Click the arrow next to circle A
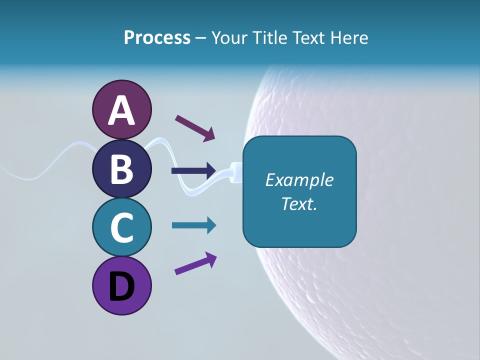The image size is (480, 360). pos(194,127)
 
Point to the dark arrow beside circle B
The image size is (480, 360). pos(193,170)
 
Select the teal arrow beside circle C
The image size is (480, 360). pos(193,225)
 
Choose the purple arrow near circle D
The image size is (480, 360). pos(195,263)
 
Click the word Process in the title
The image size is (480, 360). pos(157,37)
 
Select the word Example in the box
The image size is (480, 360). pos(299,180)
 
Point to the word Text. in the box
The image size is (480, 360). pos(299,203)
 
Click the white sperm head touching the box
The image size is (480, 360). pos(236,171)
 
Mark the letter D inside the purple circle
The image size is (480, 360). pos(121,287)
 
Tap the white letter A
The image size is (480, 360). pos(121,110)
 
